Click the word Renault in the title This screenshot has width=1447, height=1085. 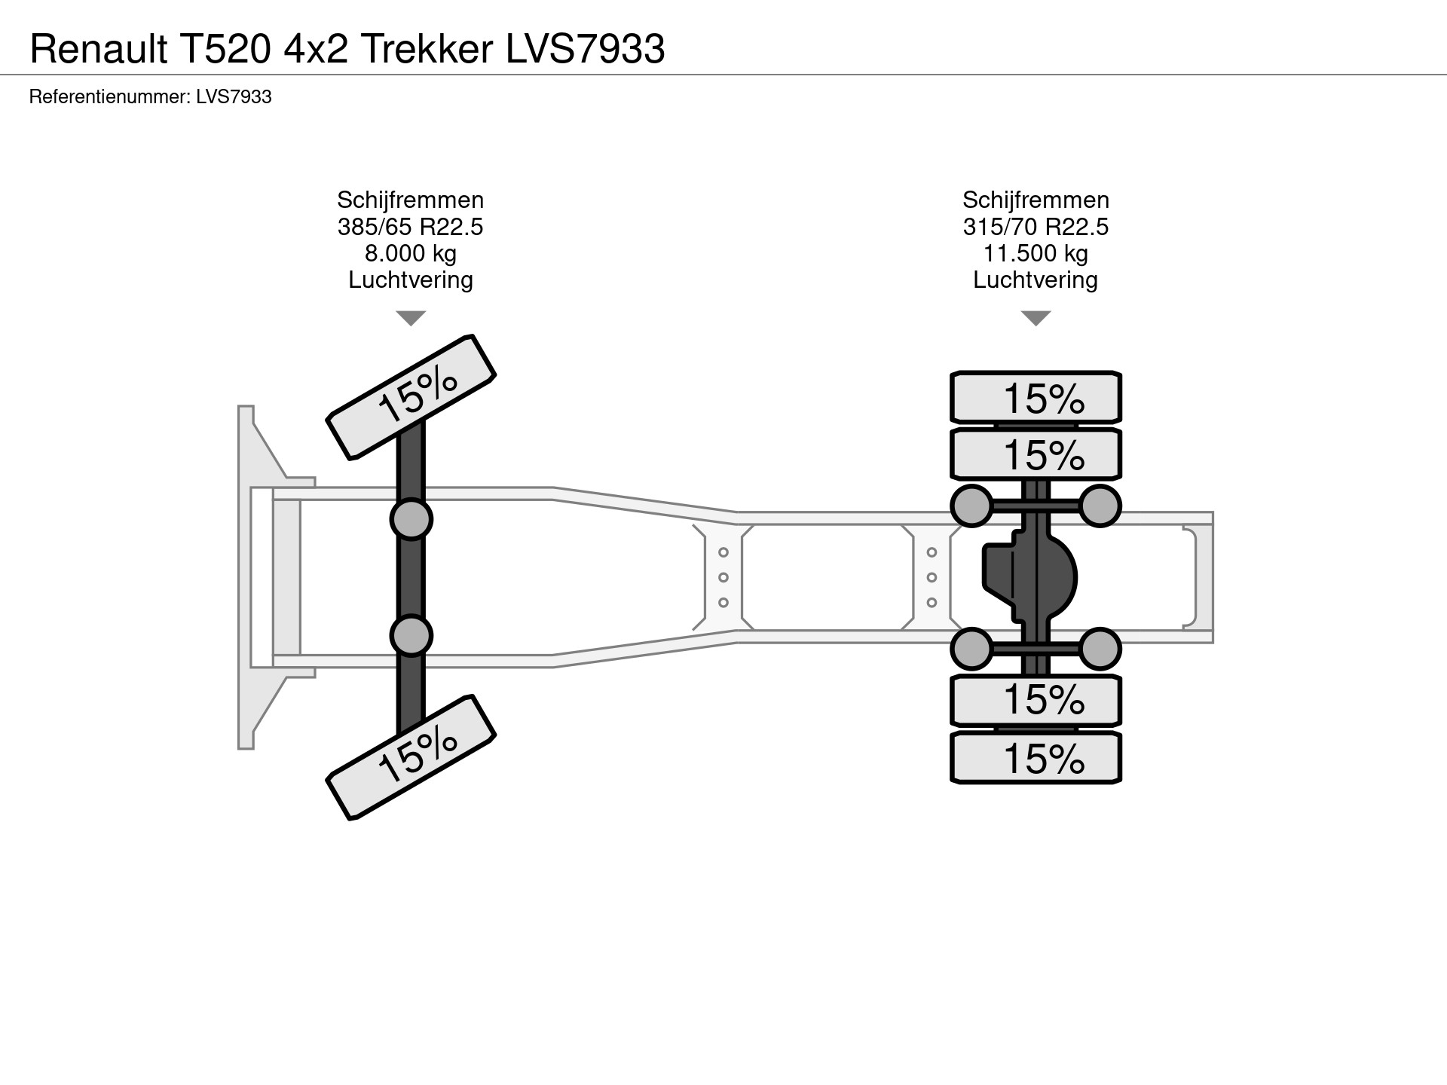pyautogui.click(x=99, y=50)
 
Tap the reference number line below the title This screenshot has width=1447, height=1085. pyautogui.click(x=150, y=97)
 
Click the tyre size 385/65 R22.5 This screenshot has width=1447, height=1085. pyautogui.click(x=410, y=227)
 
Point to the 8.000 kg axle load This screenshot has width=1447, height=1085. pyautogui.click(x=410, y=253)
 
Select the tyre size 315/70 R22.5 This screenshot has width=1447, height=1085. pyautogui.click(x=1036, y=227)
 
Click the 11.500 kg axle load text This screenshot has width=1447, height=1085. pyautogui.click(x=1036, y=253)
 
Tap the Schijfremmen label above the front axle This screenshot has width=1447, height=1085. pyautogui.click(x=410, y=200)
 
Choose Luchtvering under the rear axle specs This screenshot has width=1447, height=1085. pyautogui.click(x=1036, y=280)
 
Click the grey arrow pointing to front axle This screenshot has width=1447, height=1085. pyautogui.click(x=411, y=318)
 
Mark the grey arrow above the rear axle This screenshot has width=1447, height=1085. pyautogui.click(x=1036, y=318)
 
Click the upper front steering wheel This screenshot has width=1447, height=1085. pyautogui.click(x=411, y=397)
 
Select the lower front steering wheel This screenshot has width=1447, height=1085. pyautogui.click(x=411, y=756)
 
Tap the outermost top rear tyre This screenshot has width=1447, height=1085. pyautogui.click(x=1036, y=397)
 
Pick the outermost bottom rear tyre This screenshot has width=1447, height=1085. pyautogui.click(x=1036, y=758)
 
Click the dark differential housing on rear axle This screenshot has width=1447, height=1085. pyautogui.click(x=1029, y=577)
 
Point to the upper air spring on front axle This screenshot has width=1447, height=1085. pyautogui.click(x=411, y=519)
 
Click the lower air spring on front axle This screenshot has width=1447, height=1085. pyautogui.click(x=411, y=635)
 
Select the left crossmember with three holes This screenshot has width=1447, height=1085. pyautogui.click(x=723, y=577)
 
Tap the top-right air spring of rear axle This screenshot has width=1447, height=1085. pyautogui.click(x=1100, y=506)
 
